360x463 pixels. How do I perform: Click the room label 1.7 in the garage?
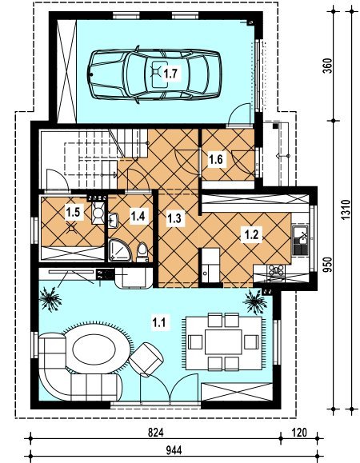171,74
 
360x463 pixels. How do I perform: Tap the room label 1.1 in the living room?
158,321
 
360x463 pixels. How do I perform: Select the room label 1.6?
216,160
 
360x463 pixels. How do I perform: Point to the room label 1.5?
74,212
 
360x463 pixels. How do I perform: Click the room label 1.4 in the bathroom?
138,216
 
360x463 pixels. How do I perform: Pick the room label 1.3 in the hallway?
174,218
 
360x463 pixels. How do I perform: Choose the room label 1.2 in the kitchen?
252,235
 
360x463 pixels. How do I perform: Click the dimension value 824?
156,433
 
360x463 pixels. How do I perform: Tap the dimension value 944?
174,450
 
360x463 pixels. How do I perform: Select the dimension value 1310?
346,210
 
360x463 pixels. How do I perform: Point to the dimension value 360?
327,66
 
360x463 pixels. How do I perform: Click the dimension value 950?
327,265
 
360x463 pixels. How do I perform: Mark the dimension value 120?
299,433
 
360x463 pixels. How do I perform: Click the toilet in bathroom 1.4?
142,253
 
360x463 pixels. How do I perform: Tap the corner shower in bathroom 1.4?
120,250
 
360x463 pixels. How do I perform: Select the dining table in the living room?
223,342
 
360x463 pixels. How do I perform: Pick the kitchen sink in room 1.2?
300,241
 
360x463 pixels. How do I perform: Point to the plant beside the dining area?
255,301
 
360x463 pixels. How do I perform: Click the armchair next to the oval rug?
146,359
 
